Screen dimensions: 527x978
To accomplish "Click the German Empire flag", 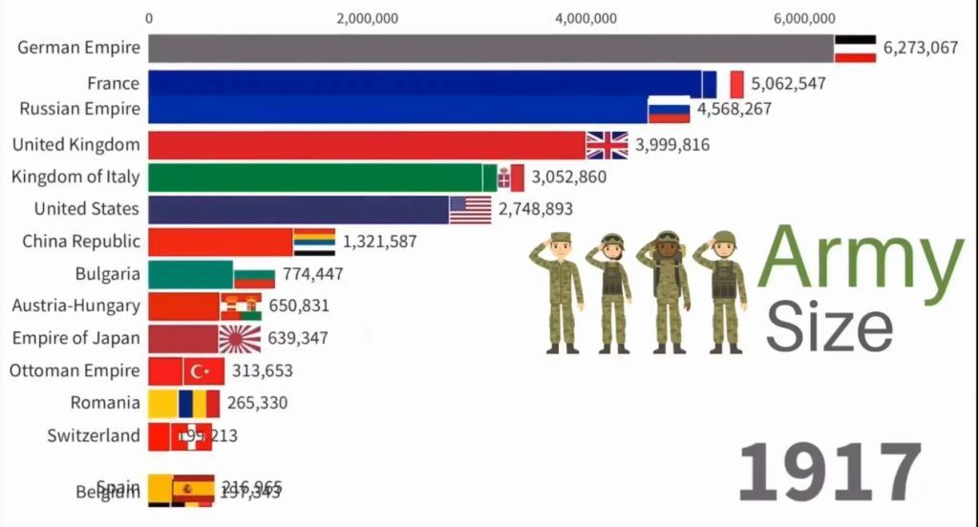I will (x=856, y=49).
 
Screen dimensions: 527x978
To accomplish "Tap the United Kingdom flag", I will (x=607, y=145).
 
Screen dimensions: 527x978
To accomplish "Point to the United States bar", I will (x=299, y=209).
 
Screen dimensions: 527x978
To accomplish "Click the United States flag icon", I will (x=470, y=209).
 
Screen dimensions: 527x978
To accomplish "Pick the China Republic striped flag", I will (x=314, y=242).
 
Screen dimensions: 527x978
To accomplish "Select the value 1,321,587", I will (x=379, y=242).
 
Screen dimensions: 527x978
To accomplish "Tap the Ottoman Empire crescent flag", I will (x=202, y=371).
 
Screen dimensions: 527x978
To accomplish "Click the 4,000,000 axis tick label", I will (x=585, y=18).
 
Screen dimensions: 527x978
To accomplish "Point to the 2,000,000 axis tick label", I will (x=368, y=18).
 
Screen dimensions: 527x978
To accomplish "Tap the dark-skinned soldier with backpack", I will (x=669, y=291).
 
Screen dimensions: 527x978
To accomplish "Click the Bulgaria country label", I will (x=107, y=274).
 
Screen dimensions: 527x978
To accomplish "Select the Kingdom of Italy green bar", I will (x=315, y=178).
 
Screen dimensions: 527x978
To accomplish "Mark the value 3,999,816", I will (x=671, y=145).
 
